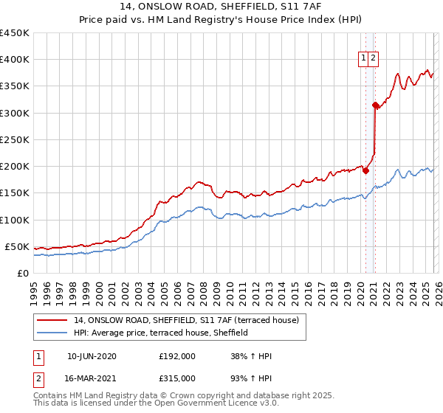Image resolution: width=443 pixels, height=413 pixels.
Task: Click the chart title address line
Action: [221, 7]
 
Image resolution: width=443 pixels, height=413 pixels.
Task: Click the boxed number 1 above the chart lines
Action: [365, 59]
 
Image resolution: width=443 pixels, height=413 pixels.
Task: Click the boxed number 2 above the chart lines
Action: [374, 59]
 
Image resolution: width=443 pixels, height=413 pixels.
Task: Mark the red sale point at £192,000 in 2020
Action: [365, 170]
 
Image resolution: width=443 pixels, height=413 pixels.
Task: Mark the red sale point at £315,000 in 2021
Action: [375, 105]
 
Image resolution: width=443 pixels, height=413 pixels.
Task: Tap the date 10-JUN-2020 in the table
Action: [92, 356]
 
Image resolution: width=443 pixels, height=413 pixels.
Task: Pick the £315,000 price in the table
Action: [177, 378]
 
